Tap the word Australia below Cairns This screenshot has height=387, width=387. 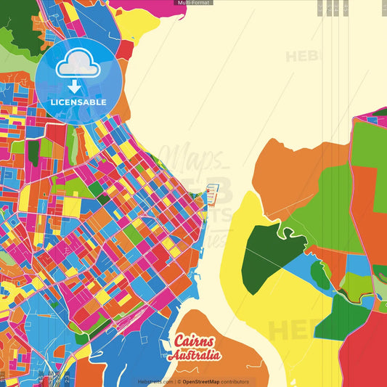[x=194, y=356]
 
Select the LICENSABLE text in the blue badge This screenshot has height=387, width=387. [x=78, y=102]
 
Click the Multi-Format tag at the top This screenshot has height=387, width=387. [x=193, y=3]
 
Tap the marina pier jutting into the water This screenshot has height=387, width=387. [x=212, y=195]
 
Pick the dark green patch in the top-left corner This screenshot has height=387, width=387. [x=18, y=22]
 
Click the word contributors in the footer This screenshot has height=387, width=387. [x=237, y=381]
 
